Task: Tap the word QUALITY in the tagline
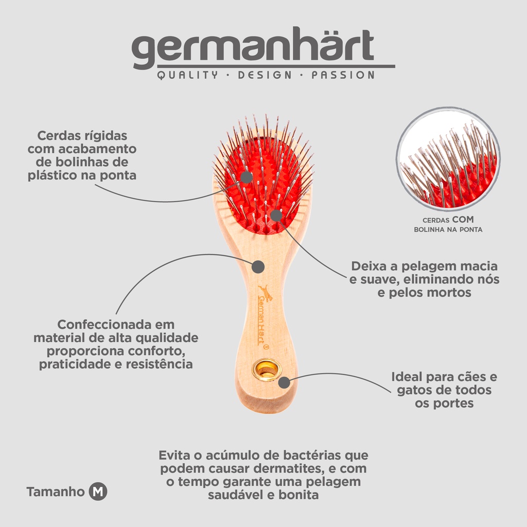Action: (x=187, y=75)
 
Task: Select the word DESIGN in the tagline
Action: (x=265, y=75)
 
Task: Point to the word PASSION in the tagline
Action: (x=343, y=75)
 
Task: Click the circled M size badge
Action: (x=98, y=491)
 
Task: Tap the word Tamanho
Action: (x=56, y=491)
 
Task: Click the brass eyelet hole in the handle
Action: (x=266, y=370)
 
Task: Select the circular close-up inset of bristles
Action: (x=448, y=159)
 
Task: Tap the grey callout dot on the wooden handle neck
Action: (x=258, y=267)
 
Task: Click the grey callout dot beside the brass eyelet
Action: (x=284, y=382)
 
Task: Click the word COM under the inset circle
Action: (x=463, y=219)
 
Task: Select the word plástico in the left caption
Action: (x=52, y=175)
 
